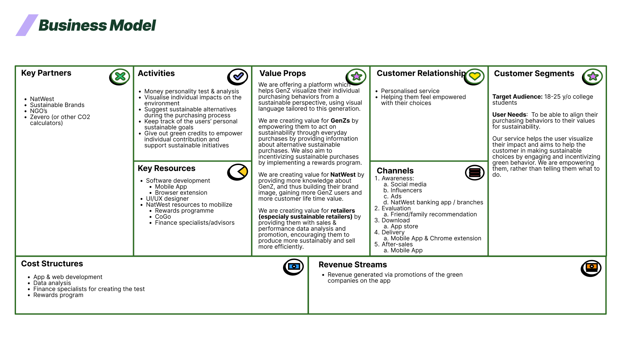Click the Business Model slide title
pos(97,25)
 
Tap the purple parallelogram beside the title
pos(27,25)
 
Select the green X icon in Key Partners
pos(120,77)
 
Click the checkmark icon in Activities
pos(238,77)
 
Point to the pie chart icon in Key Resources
pos(238,172)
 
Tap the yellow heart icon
pos(474,76)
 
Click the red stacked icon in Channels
pos(475,173)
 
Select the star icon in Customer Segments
pos(593,77)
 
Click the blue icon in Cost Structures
pos(294,267)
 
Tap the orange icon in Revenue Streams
pos(591,268)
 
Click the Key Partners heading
pos(46,73)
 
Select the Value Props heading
pos(283,73)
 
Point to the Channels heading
pos(395,171)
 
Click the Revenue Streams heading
pos(353,265)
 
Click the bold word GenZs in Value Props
pos(340,121)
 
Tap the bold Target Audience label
pos(517,97)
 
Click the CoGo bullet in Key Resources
pos(163,217)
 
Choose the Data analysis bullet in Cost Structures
pos(52,283)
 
